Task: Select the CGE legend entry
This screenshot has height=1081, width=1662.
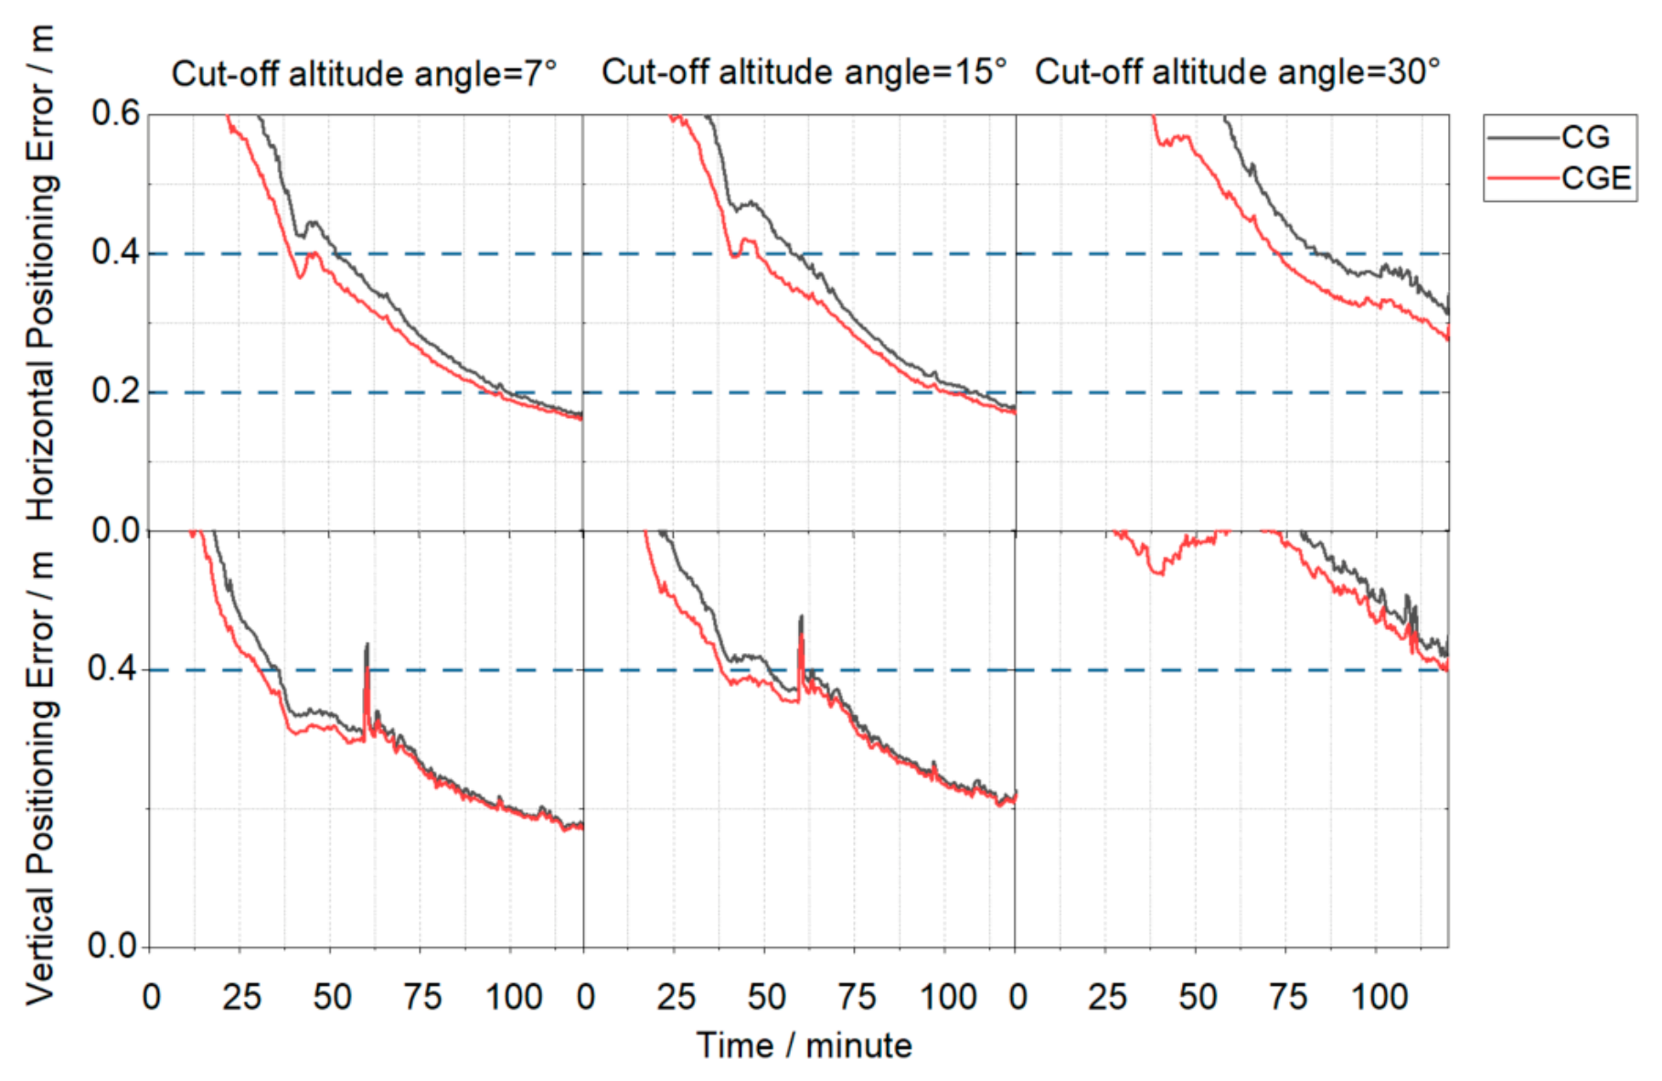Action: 1560,177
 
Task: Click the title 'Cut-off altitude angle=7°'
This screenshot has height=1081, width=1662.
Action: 364,73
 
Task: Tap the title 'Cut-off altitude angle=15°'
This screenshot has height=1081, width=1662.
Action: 804,71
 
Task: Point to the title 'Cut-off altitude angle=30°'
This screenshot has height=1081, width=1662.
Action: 1238,71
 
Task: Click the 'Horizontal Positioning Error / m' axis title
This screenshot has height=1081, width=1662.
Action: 41,273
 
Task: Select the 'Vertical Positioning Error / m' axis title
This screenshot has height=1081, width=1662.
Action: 41,777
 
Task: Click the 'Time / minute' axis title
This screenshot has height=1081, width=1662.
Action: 804,1045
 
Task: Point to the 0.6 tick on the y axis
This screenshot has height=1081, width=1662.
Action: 116,113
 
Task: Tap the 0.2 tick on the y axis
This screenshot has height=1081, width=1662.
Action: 116,391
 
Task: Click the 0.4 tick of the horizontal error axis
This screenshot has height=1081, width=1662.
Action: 116,252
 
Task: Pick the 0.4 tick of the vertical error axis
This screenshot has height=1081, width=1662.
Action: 112,669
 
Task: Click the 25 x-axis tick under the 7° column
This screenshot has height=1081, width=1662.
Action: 241,997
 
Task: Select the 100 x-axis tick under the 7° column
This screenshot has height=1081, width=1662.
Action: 514,997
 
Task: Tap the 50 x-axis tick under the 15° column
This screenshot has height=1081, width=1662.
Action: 766,997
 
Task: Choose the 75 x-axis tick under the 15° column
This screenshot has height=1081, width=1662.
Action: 857,997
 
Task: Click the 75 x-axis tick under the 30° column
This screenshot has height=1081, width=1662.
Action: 1288,997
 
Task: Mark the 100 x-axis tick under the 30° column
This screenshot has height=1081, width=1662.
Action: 1380,997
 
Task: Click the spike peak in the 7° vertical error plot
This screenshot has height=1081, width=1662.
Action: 368,644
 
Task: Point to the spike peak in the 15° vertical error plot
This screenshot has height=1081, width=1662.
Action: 802,615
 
